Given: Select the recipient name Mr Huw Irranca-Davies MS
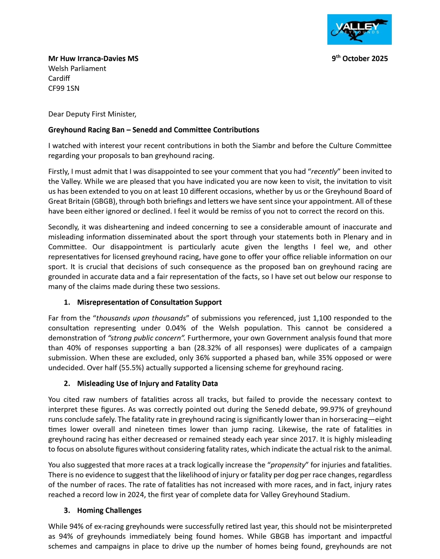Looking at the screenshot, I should (x=93, y=59).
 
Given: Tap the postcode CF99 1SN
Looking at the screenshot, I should (x=64, y=88).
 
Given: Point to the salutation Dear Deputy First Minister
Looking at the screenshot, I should (x=92, y=114).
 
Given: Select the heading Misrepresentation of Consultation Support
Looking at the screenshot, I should (x=149, y=302).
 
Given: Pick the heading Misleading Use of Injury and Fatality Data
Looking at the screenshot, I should (x=147, y=384).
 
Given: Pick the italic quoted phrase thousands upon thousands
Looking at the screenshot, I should (x=141, y=318).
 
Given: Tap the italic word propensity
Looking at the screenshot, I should (x=288, y=465).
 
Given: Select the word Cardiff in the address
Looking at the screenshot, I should (x=59, y=79).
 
